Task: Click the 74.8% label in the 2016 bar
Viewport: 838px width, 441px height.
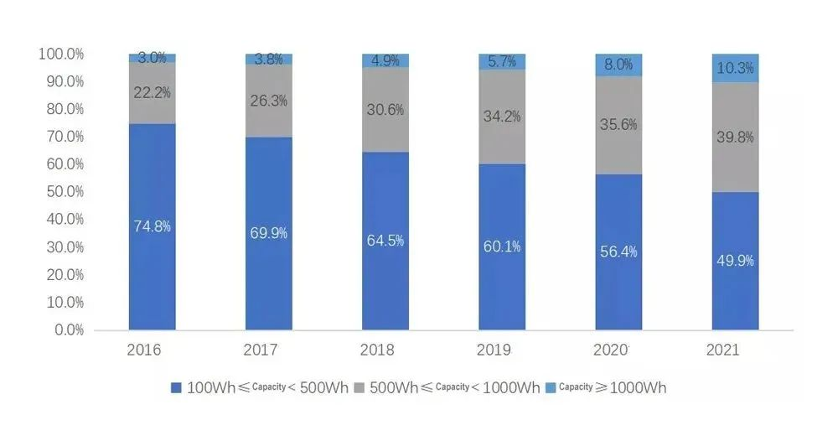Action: coord(152,226)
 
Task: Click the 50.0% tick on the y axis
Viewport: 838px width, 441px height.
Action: coord(61,191)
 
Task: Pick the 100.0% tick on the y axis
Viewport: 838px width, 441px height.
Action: coord(61,54)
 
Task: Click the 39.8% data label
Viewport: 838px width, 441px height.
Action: coord(735,137)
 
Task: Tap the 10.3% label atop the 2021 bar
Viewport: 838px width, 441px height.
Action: coord(735,69)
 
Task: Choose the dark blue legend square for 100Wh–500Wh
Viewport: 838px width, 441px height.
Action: coord(176,387)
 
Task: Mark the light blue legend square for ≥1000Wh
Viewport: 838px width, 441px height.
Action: coord(551,387)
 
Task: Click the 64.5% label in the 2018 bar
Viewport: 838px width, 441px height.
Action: coord(385,240)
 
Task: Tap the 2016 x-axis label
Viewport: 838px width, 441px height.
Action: coord(144,350)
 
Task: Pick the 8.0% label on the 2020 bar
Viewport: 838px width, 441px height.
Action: coord(618,65)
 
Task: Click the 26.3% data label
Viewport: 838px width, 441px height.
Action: coord(269,101)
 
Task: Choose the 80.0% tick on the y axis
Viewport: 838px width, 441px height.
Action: coord(61,109)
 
